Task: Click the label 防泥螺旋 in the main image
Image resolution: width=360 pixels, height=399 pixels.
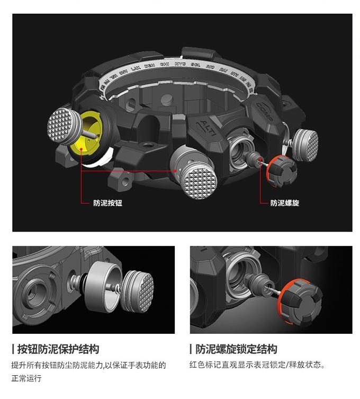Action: point(284,202)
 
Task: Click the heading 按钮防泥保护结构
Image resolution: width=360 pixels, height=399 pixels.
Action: point(58,349)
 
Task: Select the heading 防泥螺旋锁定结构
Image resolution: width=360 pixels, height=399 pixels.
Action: point(236,349)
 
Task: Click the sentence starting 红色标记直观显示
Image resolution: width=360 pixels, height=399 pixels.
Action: point(257,365)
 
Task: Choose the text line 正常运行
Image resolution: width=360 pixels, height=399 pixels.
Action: point(26,379)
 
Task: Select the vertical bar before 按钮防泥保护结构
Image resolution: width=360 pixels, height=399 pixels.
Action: point(13,349)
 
